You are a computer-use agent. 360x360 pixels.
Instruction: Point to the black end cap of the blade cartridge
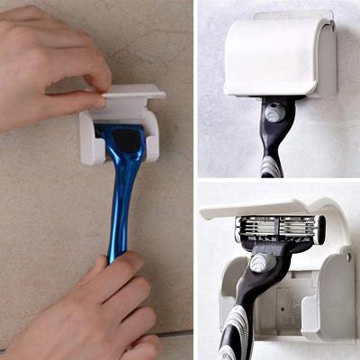click(x=319, y=230)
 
